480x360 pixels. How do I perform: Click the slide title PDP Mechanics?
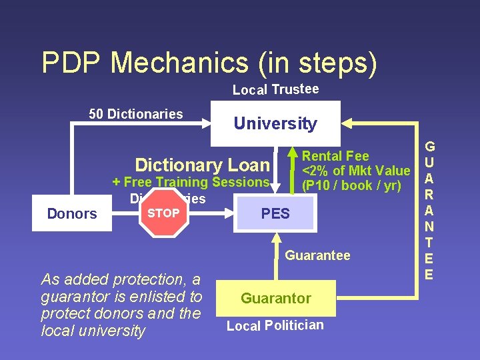coord(209,63)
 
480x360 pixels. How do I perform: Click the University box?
coord(275,123)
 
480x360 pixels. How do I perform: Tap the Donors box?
coord(72,213)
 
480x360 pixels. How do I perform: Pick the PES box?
coord(275,213)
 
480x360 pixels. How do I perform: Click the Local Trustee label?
coord(275,89)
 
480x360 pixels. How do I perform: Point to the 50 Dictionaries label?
coord(136,114)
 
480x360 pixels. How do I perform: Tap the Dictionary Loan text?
coord(202,165)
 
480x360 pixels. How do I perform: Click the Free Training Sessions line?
coord(191,182)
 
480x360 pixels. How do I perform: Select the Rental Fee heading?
coord(335,156)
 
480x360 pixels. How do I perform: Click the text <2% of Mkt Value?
coord(356,171)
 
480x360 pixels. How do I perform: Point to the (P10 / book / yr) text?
coord(351,185)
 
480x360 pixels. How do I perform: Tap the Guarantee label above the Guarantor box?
coord(317,255)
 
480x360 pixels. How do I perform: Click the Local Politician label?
coord(275,325)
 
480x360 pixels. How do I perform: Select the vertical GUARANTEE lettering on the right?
coord(429,209)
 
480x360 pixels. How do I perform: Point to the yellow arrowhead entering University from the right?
coord(349,123)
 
